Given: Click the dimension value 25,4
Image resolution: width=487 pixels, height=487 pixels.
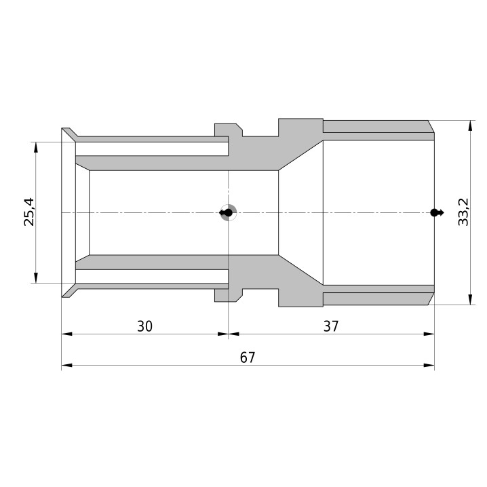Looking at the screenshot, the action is coord(29,212).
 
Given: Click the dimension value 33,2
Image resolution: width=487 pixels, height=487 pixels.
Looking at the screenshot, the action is coord(463,212).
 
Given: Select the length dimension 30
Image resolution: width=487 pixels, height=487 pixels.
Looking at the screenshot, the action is coord(144,326).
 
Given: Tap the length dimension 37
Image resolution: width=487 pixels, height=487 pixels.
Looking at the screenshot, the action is coord(331,326).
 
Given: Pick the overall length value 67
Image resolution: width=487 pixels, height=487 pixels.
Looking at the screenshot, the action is coord(248,358).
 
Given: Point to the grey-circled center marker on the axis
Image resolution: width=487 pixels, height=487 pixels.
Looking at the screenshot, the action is coord(228,213).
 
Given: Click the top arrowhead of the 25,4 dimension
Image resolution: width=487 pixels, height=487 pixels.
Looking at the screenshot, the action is coord(36,147).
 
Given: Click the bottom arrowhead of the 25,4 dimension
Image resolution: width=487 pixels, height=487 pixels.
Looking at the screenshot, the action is coord(36,278).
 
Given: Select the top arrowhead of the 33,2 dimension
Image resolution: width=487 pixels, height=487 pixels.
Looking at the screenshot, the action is coord(471,125).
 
